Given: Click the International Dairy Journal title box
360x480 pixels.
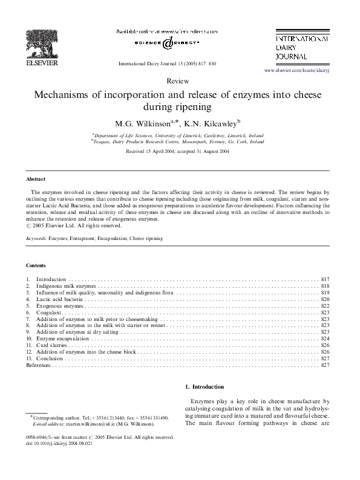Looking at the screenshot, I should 302,46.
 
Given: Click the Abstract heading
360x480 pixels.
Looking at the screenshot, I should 36,180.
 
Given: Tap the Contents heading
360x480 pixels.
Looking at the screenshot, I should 36,265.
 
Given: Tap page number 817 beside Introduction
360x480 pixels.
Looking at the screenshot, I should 325,279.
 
